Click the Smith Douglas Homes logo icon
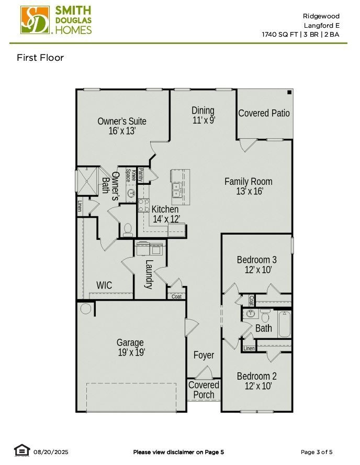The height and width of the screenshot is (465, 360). pyautogui.click(x=35, y=20)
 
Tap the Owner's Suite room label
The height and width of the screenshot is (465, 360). pyautogui.click(x=122, y=121)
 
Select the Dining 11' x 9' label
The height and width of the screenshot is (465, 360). pyautogui.click(x=203, y=110)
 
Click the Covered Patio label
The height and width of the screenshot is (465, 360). pyautogui.click(x=264, y=113)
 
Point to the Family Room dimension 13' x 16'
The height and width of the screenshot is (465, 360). pyautogui.click(x=249, y=192)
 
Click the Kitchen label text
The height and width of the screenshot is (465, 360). pyautogui.click(x=165, y=209)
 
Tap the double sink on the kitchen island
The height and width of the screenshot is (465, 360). pyautogui.click(x=177, y=190)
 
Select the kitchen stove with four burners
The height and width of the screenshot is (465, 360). pyautogui.click(x=144, y=206)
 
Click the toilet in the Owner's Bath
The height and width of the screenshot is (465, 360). pyautogui.click(x=127, y=229)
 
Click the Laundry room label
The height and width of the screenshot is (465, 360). pyautogui.click(x=149, y=274)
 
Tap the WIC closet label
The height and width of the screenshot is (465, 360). pyautogui.click(x=104, y=285)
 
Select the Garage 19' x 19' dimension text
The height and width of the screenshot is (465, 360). pyautogui.click(x=131, y=353)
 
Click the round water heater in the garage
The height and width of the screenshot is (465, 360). pyautogui.click(x=86, y=309)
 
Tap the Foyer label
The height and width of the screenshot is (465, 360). pyautogui.click(x=204, y=355)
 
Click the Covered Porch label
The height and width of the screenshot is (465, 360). pyautogui.click(x=204, y=390)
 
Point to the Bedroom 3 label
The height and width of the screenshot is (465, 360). pyautogui.click(x=256, y=260)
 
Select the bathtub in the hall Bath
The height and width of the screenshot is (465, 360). pyautogui.click(x=284, y=324)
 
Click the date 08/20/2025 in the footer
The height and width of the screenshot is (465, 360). pyautogui.click(x=51, y=452)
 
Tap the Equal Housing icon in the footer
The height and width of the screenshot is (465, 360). pyautogui.click(x=21, y=450)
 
